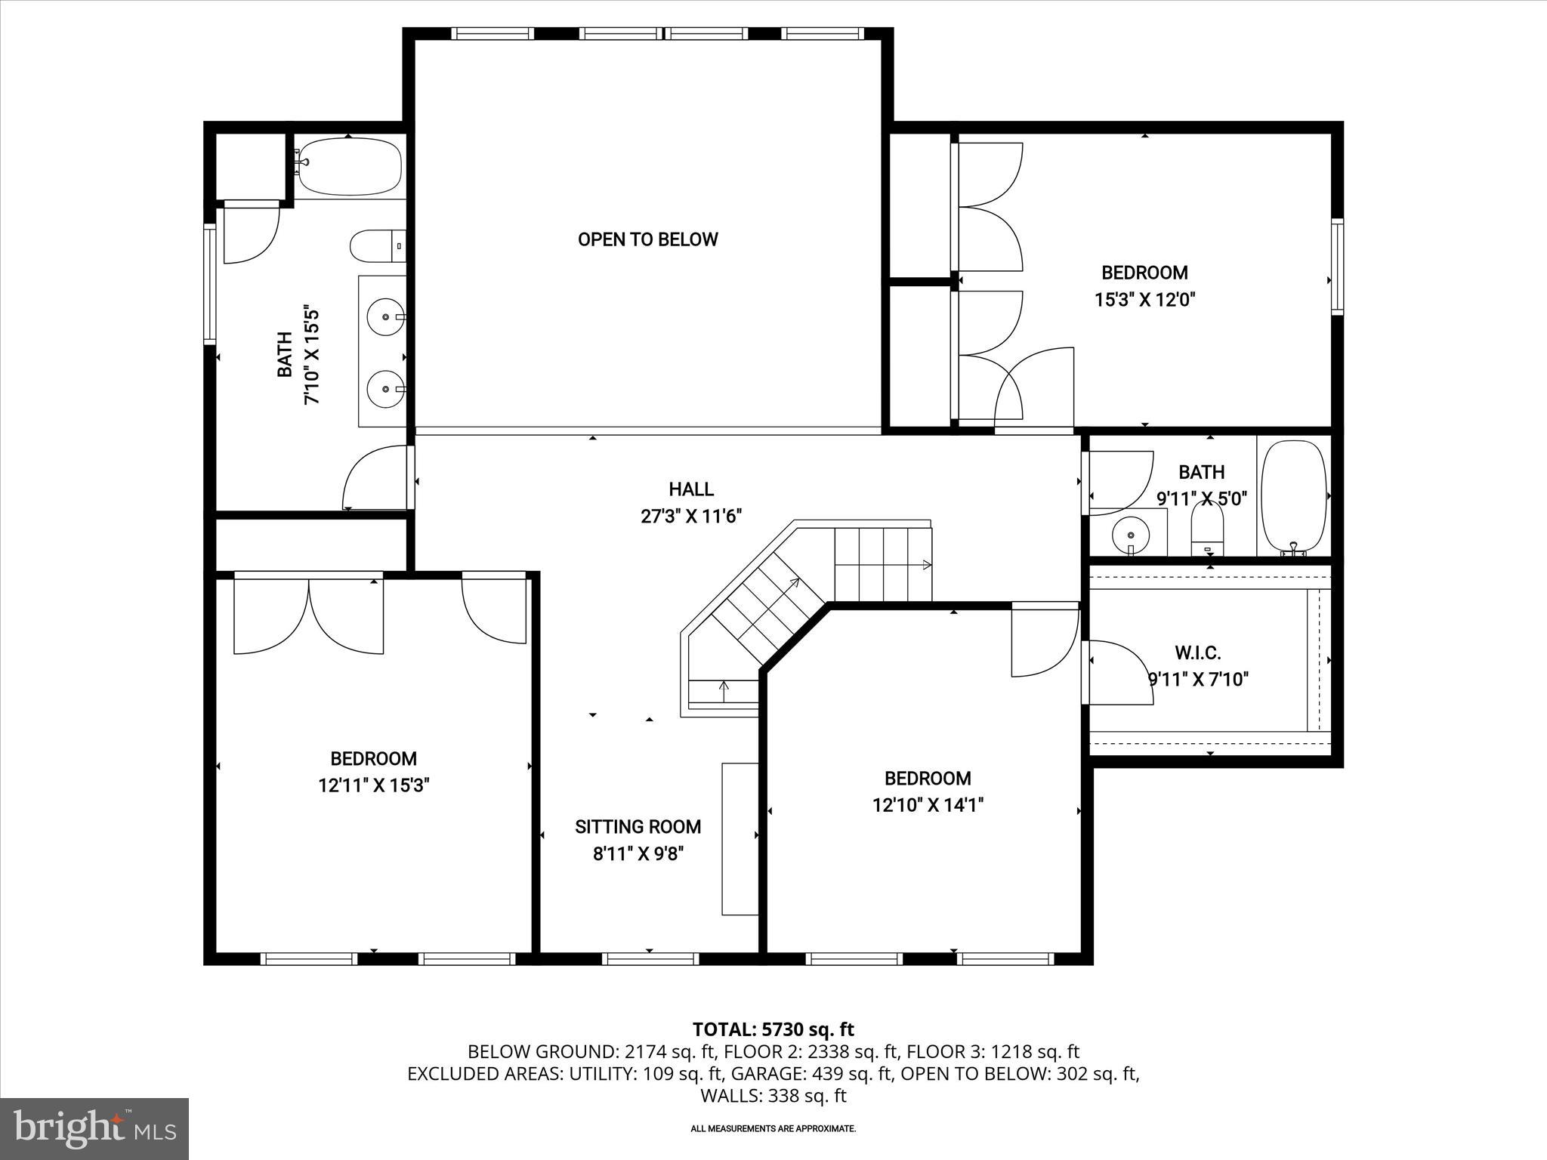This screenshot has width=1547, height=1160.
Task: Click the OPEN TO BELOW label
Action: pos(647,239)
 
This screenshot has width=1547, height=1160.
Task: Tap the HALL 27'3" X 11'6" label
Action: pos(691,503)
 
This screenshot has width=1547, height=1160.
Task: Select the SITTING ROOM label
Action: pos(638,827)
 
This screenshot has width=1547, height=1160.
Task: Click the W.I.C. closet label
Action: pos(1198,652)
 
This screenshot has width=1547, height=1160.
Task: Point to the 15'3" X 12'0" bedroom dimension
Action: pos(1144,300)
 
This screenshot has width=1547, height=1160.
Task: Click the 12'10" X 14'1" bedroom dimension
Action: pos(928,806)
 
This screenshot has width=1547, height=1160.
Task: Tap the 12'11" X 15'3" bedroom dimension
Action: pos(374,786)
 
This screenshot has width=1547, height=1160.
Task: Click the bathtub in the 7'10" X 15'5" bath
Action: pos(349,167)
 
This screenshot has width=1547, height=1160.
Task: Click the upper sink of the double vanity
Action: pos(386,317)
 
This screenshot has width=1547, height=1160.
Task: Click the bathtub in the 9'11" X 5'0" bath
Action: pos(1294,497)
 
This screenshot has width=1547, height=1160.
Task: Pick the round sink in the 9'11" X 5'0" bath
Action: pos(1130,535)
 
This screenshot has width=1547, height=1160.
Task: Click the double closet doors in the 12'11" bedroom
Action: pos(309,613)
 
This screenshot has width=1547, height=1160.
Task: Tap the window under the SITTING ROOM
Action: pos(650,959)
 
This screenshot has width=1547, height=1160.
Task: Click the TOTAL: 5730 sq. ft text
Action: pos(773,1029)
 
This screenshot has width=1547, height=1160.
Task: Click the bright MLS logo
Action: pos(94,1128)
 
